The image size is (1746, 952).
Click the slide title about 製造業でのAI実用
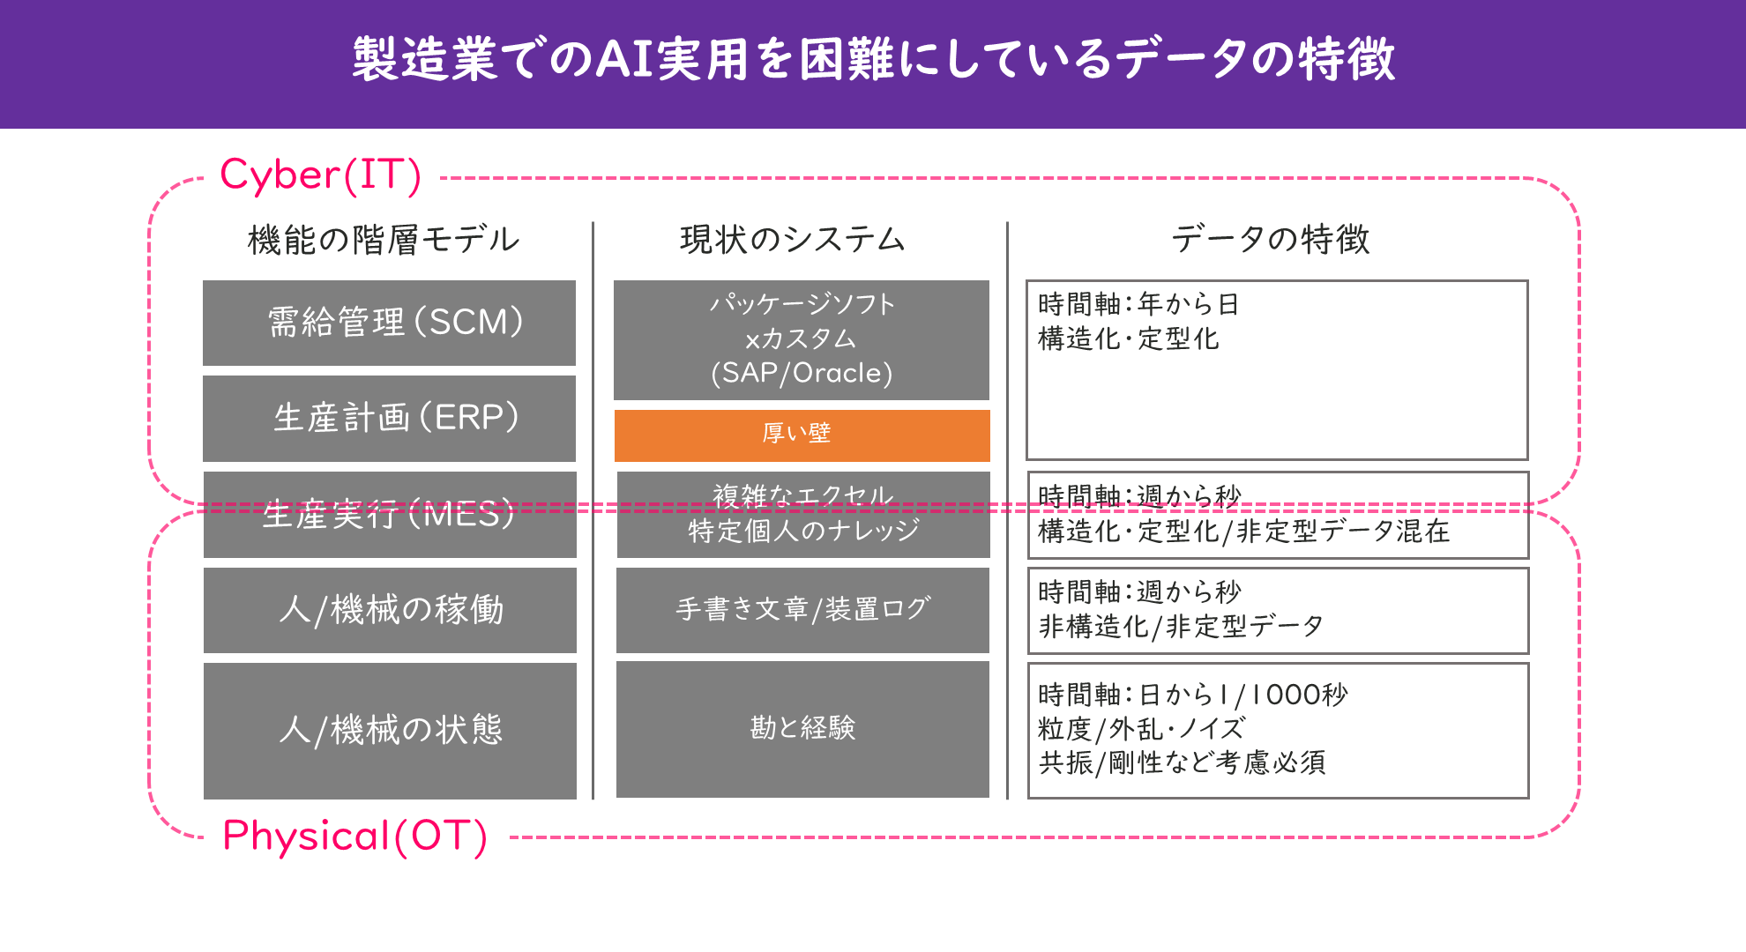point(873,59)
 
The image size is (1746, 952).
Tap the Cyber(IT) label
point(321,175)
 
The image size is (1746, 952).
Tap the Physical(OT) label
point(354,836)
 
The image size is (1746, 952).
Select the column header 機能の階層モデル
point(384,240)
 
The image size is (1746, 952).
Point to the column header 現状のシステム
point(793,240)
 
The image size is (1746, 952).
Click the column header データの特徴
point(1271,240)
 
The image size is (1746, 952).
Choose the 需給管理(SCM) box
point(389,323)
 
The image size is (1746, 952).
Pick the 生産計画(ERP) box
point(389,419)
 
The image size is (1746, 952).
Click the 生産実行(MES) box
point(390,515)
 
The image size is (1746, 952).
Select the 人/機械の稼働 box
point(390,610)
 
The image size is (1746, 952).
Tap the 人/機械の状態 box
point(390,731)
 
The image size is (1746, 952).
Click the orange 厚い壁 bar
point(802,435)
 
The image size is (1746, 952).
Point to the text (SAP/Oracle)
point(802,373)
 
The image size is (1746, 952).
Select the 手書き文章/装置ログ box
point(802,610)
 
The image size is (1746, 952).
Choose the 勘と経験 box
point(802,730)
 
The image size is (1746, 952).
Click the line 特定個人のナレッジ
point(803,531)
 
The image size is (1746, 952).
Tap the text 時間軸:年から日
point(1139,304)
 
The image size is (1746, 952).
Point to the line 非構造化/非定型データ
point(1182,626)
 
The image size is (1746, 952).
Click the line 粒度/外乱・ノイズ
point(1142,729)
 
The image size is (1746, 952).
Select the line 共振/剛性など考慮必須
point(1183,762)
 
